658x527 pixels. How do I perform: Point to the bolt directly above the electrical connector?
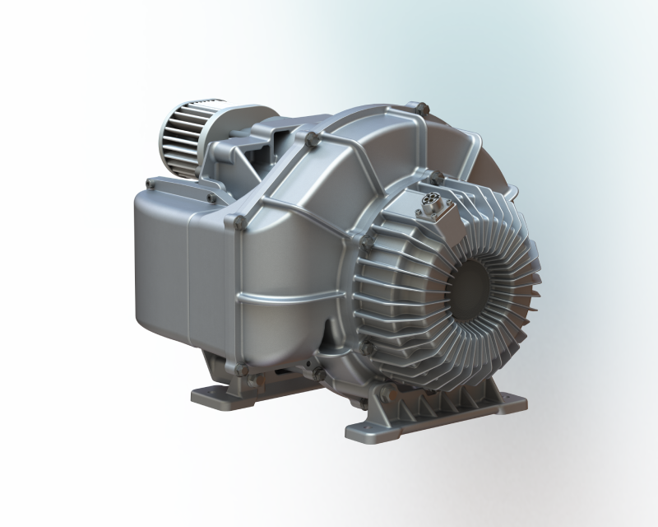pos(436,176)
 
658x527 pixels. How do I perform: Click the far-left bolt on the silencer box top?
pos(149,182)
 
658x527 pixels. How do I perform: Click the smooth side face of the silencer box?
pos(160,263)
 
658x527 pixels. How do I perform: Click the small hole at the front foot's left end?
pos(359,428)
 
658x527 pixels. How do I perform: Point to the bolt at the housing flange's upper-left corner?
pos(239,221)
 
